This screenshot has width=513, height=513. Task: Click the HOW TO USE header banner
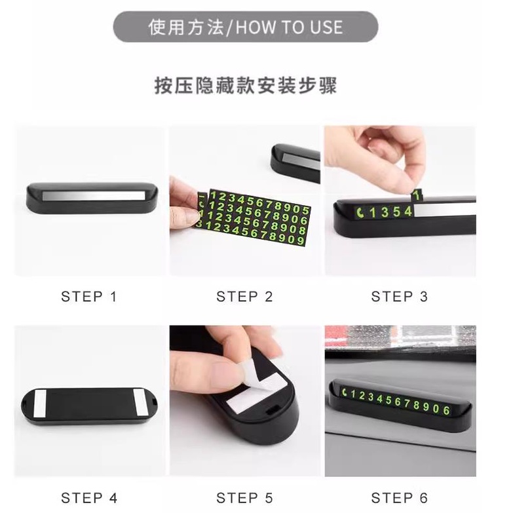click(246, 27)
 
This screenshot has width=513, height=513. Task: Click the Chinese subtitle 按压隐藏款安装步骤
click(246, 86)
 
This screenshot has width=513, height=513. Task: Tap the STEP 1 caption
click(88, 297)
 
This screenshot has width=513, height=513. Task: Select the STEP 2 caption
click(244, 297)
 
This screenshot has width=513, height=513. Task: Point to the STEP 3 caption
click(400, 297)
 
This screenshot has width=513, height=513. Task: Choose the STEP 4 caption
click(89, 498)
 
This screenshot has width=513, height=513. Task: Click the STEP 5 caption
click(244, 498)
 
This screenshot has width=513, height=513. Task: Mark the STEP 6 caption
click(400, 498)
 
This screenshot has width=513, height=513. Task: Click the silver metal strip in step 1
click(94, 196)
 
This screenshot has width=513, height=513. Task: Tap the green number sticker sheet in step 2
click(254, 217)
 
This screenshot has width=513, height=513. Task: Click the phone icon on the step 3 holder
click(360, 213)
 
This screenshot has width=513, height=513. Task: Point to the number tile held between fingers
click(416, 195)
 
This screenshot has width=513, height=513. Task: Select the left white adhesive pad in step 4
click(40, 404)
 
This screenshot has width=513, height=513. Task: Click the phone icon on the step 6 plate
click(345, 392)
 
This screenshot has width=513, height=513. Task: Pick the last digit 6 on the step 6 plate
click(447, 410)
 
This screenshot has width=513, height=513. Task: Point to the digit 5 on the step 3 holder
click(397, 212)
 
